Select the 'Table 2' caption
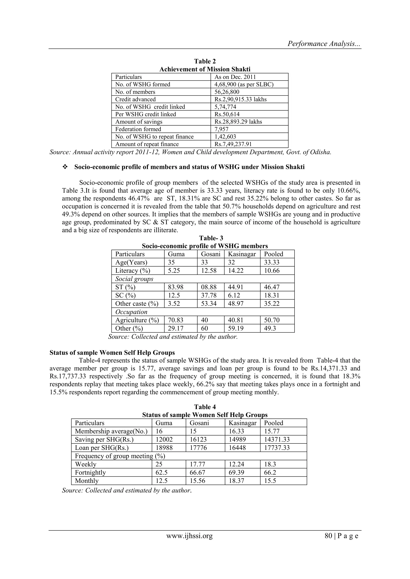coord(205,61)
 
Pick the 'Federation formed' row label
coord(138,129)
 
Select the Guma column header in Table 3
coord(176,254)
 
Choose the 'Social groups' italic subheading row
coord(134,279)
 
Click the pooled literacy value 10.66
coord(272,271)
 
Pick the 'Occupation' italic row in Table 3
coord(131,312)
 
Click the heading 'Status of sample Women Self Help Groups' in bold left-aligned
coord(112,352)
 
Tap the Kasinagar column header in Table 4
coord(242,423)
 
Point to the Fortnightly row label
coord(90,472)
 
